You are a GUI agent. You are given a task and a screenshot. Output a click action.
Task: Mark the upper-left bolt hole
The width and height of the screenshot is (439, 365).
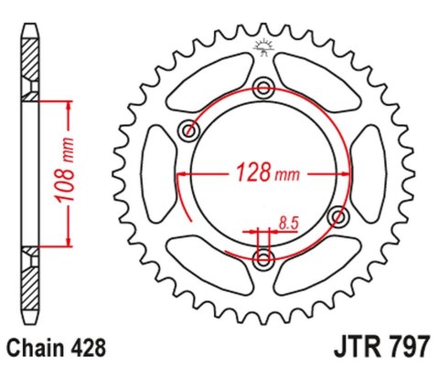[x=190, y=130]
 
